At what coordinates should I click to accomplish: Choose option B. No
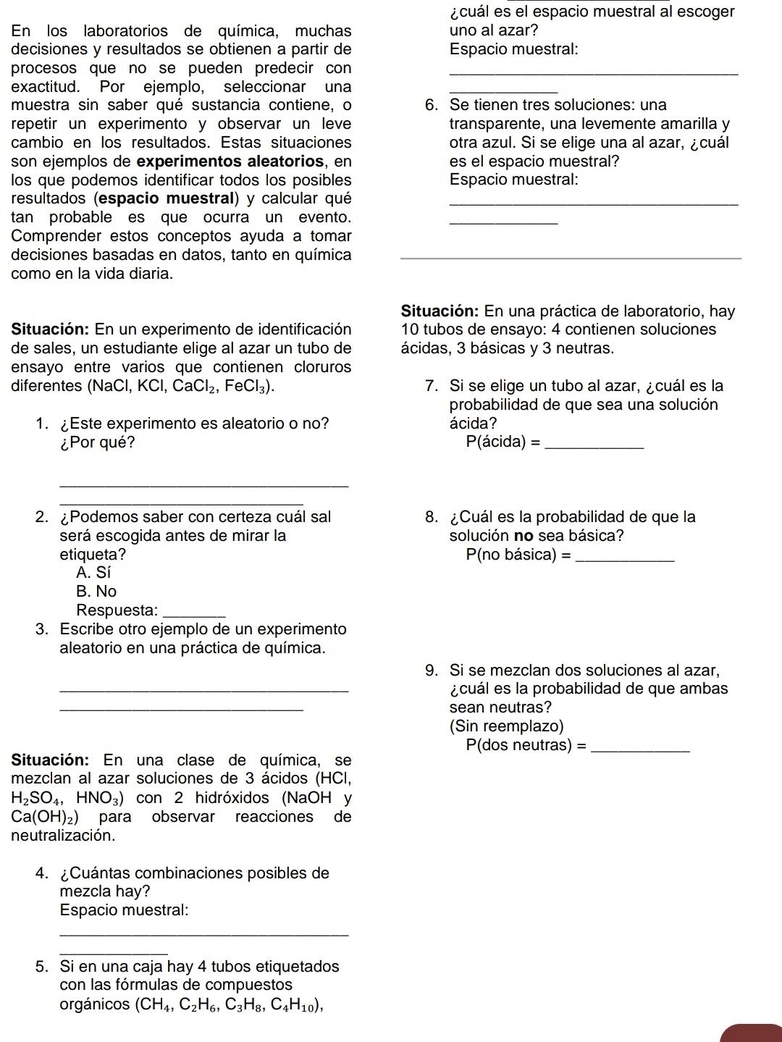click(96, 592)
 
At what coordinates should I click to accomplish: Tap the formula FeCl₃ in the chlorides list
click(248, 387)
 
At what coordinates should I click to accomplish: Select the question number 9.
click(432, 671)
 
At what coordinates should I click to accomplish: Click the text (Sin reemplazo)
click(506, 726)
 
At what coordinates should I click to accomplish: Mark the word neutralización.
click(63, 836)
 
